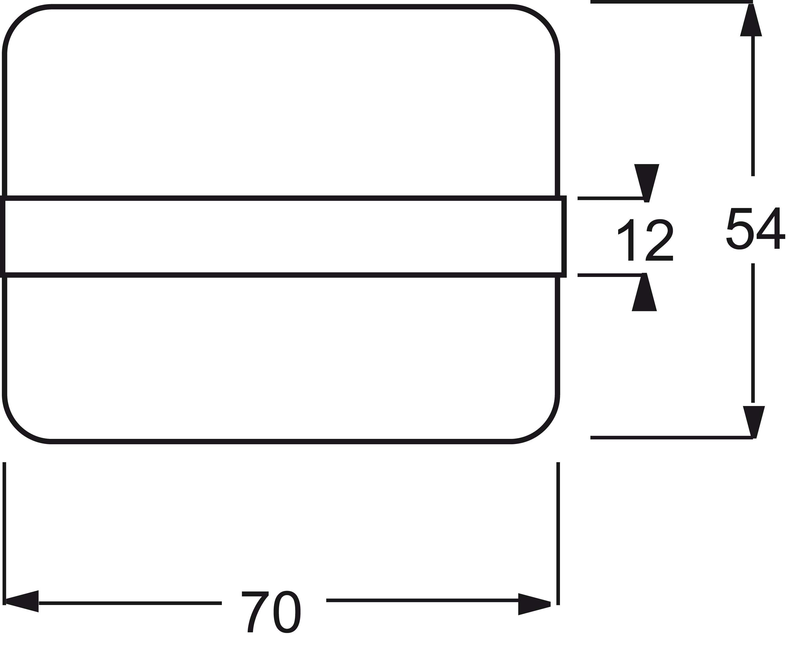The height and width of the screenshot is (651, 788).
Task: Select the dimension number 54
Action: (x=755, y=228)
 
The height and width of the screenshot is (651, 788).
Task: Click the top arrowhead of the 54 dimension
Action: (x=751, y=20)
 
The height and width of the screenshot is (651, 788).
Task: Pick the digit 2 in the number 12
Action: (x=659, y=240)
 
